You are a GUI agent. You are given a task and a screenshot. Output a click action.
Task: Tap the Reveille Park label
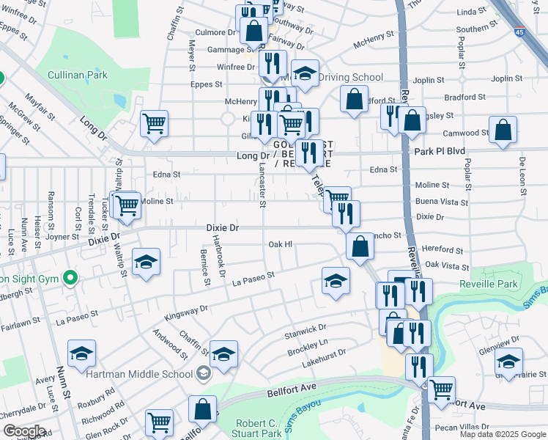coord(488,285)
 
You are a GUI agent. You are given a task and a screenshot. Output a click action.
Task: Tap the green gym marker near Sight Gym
coord(70,278)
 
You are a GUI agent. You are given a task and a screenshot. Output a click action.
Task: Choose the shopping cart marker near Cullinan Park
coord(154,124)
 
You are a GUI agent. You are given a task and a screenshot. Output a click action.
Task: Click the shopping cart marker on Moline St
coord(126,205)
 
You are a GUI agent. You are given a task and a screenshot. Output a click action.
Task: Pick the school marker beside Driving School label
coord(306,73)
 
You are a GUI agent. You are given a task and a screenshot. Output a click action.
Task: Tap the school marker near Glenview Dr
coord(508,361)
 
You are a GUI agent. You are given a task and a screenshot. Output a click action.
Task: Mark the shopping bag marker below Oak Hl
coord(360,247)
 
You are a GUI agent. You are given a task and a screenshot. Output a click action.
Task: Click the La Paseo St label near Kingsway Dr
coord(252,277)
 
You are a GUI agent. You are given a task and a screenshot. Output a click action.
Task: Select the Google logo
coord(24,431)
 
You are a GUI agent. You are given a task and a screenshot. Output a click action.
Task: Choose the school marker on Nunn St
coord(82,354)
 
